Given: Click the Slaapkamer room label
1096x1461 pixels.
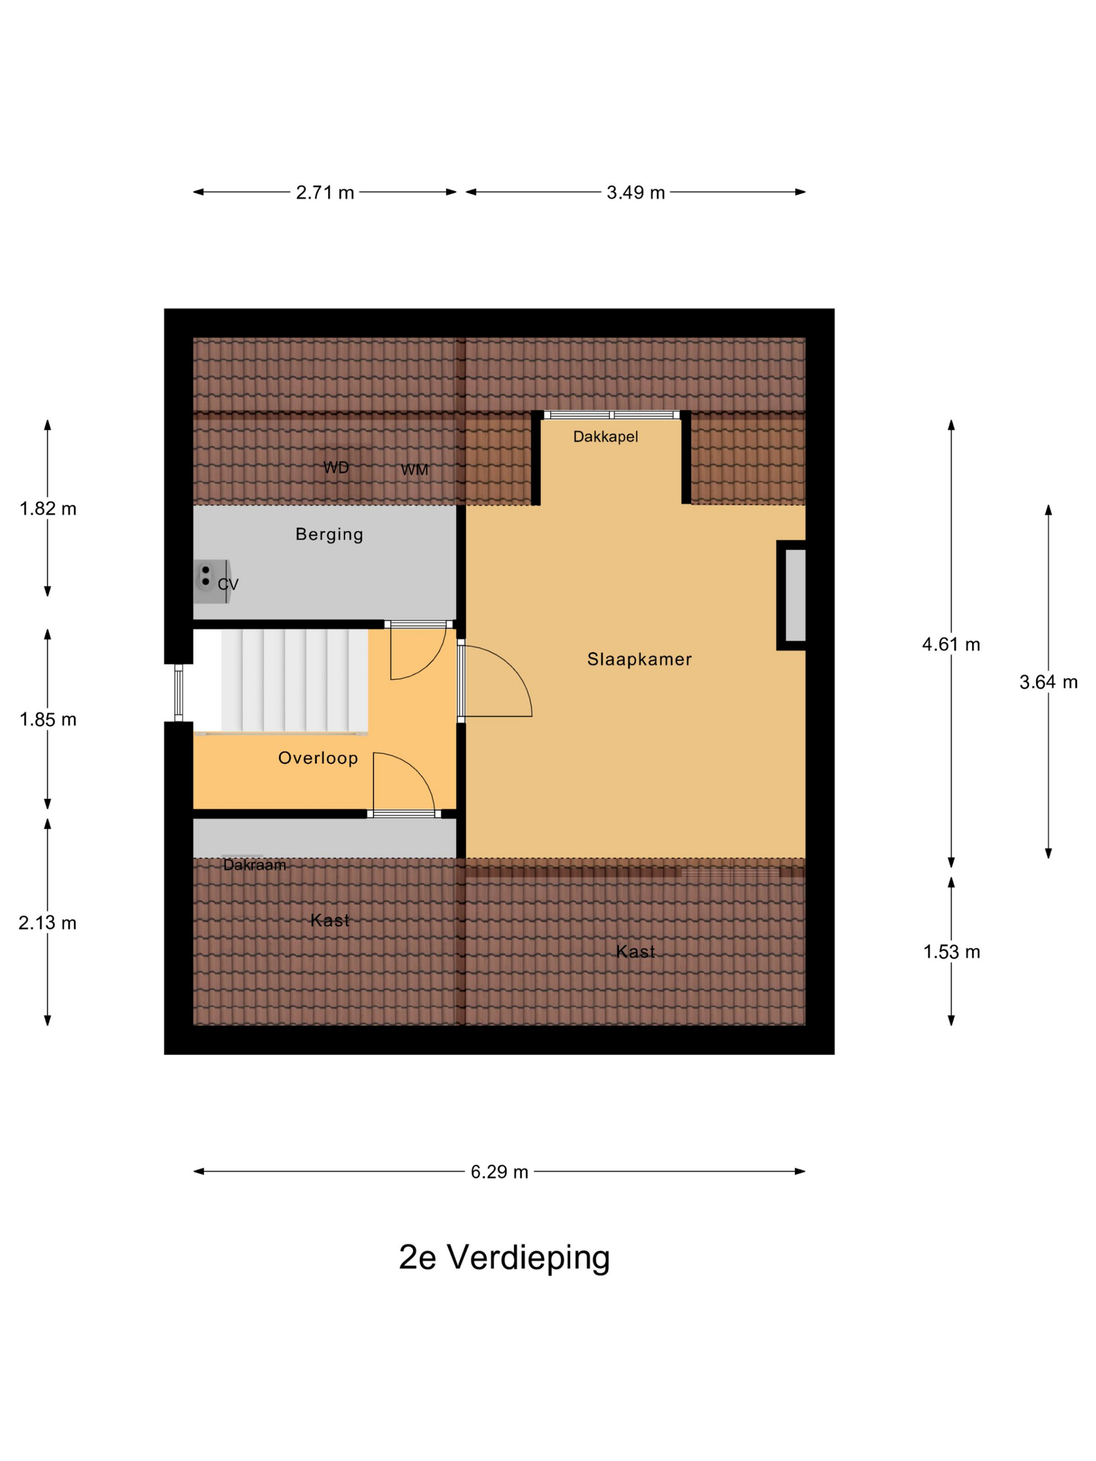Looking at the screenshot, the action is (639, 659).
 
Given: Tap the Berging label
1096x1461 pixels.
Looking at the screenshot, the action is (329, 534).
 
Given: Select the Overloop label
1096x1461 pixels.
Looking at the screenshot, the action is (318, 758).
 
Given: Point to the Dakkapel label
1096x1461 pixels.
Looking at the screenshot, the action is (605, 437).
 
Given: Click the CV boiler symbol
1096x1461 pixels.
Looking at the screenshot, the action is (211, 582).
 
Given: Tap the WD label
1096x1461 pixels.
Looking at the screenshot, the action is (336, 468).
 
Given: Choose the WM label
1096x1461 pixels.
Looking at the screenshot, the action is (414, 470).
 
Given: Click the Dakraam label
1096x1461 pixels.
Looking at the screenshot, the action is (254, 865).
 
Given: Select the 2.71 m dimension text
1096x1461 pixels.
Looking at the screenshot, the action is (325, 192).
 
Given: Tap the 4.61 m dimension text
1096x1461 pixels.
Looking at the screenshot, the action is (951, 644).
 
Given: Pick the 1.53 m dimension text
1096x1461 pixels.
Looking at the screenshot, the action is (951, 952).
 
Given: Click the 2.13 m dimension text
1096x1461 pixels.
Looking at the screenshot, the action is (47, 923).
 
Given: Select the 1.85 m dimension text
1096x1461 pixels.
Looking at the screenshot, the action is (47, 719).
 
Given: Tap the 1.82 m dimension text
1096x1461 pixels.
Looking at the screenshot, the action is (47, 509).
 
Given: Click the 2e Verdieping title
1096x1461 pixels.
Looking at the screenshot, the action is (504, 1258).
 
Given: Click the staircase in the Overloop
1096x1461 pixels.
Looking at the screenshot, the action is (294, 681).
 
